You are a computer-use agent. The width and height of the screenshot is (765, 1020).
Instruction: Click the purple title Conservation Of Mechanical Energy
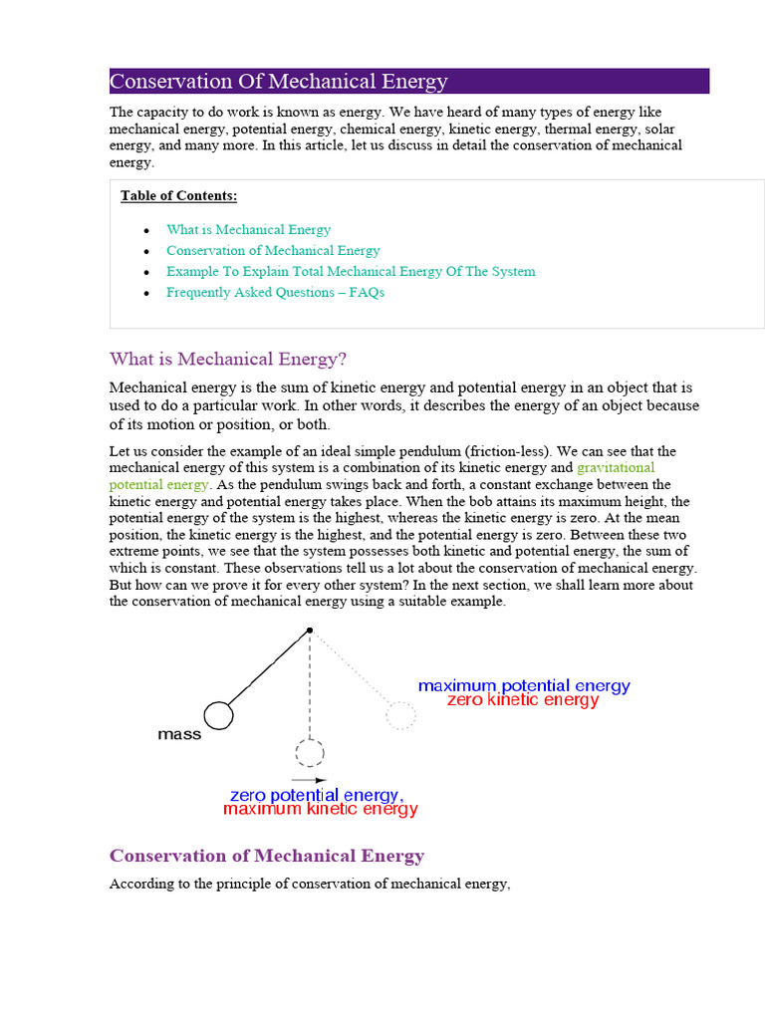279,82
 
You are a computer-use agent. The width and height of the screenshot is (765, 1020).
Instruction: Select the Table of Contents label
178,195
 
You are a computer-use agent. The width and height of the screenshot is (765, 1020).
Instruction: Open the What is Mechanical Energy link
248,229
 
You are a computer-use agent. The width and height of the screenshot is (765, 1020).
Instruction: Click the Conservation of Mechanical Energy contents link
273,250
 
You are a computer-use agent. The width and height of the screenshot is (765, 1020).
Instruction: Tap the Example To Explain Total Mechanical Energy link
351,271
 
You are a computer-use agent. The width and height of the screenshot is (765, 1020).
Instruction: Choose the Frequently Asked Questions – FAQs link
275,292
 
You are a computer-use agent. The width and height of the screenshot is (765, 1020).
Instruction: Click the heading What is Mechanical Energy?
227,359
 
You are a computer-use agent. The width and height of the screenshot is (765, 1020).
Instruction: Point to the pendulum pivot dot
310,630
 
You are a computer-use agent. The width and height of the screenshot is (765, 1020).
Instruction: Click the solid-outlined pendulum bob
218,715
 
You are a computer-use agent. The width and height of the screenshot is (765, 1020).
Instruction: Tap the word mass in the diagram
179,735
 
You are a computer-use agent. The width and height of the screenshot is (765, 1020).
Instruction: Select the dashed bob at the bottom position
310,752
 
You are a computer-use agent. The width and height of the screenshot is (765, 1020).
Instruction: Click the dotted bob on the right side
400,715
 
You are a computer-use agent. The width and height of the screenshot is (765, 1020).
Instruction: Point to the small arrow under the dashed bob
309,780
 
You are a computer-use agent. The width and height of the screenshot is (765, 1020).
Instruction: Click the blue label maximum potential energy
524,686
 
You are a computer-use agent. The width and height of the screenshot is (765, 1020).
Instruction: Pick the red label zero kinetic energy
523,700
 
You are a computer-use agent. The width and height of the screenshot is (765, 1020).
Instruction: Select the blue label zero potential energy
316,795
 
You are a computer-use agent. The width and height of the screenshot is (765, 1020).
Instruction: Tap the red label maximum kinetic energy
320,810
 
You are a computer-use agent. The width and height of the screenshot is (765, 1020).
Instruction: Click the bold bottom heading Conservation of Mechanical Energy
267,856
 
